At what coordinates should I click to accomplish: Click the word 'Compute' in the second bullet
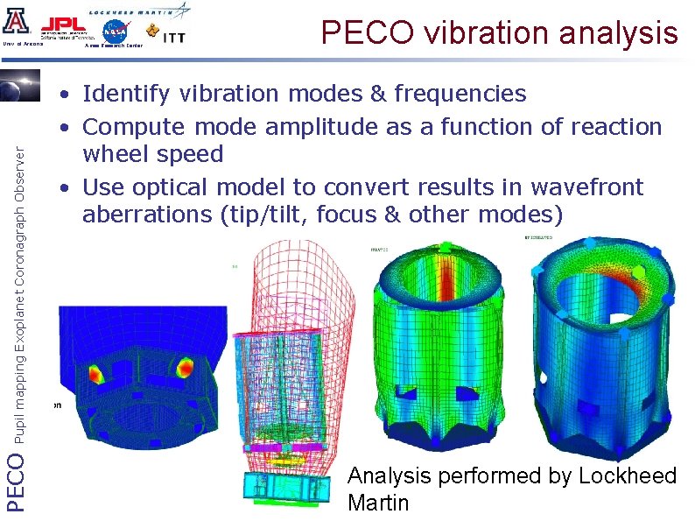134,128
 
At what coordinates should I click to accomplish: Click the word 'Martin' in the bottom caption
378,503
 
